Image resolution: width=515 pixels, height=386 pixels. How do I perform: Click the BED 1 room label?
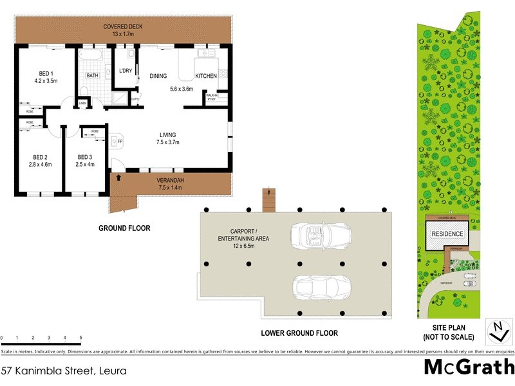point(45,72)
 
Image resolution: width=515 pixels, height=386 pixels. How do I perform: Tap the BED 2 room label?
point(41,157)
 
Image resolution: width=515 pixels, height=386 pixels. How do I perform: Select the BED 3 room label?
point(85,157)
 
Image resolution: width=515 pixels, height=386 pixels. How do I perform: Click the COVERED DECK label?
point(122,26)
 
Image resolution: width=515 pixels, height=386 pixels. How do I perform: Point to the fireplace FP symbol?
point(118,140)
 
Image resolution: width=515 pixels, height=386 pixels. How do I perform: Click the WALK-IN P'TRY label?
point(211,98)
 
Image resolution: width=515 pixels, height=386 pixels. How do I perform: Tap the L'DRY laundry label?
point(126,71)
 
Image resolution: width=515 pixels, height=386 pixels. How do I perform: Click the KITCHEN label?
point(206,76)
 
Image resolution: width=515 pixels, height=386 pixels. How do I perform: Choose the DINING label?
point(158,76)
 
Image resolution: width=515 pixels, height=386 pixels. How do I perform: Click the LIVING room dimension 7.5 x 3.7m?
point(168,142)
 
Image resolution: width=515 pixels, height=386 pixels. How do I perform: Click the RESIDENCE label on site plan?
point(447,234)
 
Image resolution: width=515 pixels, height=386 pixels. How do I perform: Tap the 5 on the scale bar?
point(80,338)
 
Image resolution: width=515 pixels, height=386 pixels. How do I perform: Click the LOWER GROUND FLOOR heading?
point(299,334)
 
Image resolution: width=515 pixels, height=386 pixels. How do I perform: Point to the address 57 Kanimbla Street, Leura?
point(63,371)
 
